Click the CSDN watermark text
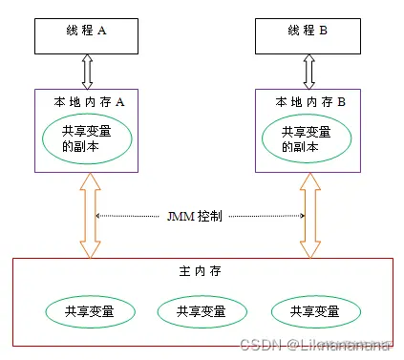[314, 344]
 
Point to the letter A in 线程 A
[102, 31]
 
